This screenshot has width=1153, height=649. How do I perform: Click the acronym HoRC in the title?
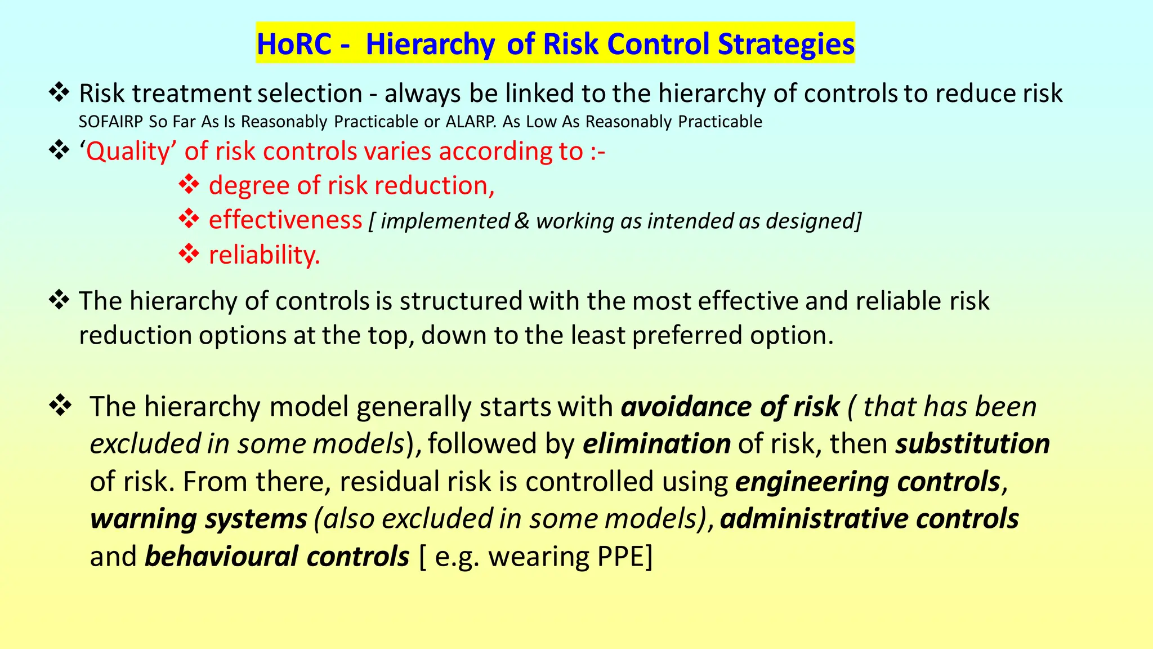coord(294,44)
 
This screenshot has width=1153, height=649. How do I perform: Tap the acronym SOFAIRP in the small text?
coord(110,122)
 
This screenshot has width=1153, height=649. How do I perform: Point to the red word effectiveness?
coord(285,220)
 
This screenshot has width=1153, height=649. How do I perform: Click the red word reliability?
coord(264,255)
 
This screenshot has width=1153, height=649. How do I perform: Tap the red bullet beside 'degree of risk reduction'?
coord(189,185)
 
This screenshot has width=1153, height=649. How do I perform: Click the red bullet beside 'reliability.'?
coord(189,254)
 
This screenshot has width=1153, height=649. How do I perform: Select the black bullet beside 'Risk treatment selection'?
coord(59,92)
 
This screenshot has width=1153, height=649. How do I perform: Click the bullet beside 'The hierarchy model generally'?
coord(60,406)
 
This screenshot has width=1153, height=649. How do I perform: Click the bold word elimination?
coord(656,443)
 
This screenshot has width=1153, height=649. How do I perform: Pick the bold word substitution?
coord(973,443)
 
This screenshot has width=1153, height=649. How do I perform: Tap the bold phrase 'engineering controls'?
coord(868,482)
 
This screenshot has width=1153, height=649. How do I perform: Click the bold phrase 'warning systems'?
coord(199,519)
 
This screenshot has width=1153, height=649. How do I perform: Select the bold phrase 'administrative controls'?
coord(869,519)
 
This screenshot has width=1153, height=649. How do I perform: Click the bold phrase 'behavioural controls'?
coord(277,557)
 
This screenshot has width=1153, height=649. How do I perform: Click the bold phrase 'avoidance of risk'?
coord(730,407)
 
